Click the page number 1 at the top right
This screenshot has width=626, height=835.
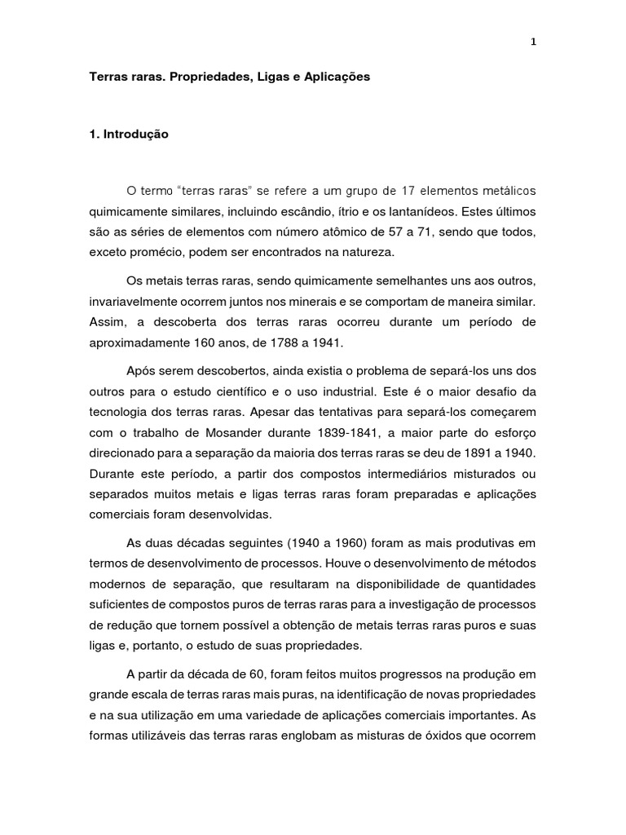pos(532,42)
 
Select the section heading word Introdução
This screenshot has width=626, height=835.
pos(135,135)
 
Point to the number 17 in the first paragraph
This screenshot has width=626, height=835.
pos(411,191)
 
